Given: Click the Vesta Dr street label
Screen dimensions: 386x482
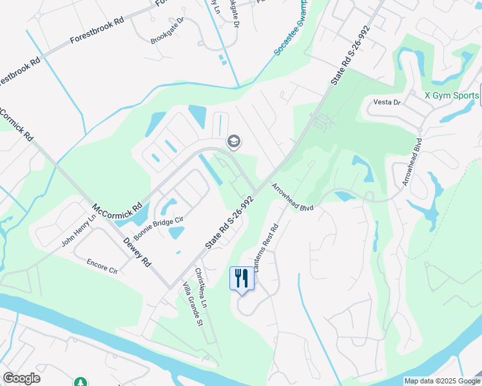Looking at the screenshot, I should [x=387, y=102].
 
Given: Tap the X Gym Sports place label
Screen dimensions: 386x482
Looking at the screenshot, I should [x=452, y=95].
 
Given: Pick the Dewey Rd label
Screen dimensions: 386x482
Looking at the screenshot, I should [x=137, y=252].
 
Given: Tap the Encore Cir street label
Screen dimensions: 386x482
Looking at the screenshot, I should [x=102, y=266].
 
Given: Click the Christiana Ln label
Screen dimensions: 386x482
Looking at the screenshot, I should [x=202, y=288].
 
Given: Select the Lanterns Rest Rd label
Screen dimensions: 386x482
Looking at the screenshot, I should [x=265, y=247].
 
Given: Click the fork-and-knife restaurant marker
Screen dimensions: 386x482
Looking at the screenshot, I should [x=242, y=279].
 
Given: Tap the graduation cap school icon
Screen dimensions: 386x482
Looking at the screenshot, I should [x=233, y=142].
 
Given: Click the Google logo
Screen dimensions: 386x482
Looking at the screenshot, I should [x=22, y=378].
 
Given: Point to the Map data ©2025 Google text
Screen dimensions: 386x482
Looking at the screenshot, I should [x=442, y=381].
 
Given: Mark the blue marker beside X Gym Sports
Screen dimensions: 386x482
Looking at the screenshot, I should [x=481, y=95].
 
